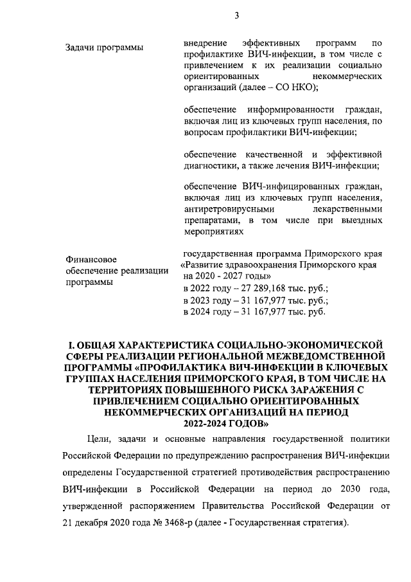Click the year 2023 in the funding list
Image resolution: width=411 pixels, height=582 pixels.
click(205, 300)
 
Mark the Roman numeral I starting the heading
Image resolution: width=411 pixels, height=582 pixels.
click(71, 343)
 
